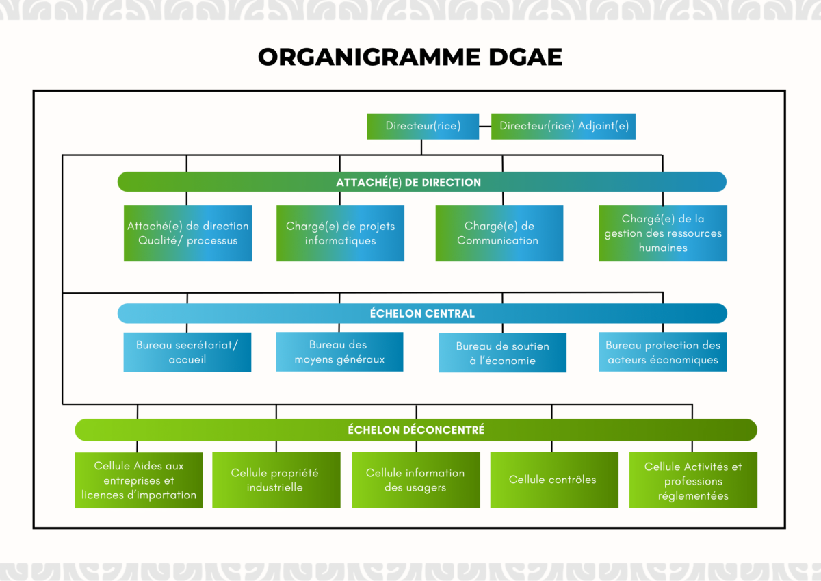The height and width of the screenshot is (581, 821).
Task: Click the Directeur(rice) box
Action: pyautogui.click(x=423, y=126)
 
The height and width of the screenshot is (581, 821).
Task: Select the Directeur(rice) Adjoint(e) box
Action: pyautogui.click(x=563, y=126)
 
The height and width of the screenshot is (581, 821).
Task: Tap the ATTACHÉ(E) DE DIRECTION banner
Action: pyautogui.click(x=421, y=182)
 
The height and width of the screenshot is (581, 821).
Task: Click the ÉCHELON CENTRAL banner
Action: pyautogui.click(x=421, y=313)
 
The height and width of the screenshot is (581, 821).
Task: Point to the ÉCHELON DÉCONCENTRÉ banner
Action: pyautogui.click(x=415, y=430)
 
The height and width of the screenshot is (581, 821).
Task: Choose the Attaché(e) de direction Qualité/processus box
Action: pyautogui.click(x=187, y=233)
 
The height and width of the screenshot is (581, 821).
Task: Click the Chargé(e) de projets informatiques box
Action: pyautogui.click(x=340, y=233)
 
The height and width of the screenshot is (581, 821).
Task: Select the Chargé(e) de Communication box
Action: pyautogui.click(x=499, y=233)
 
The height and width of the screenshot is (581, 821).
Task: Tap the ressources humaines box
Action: pyautogui.click(x=662, y=233)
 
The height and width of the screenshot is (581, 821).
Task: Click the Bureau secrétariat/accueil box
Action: pyautogui.click(x=187, y=352)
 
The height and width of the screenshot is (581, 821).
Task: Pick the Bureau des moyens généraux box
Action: pyautogui.click(x=339, y=352)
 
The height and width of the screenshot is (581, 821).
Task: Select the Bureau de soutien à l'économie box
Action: pyautogui.click(x=502, y=353)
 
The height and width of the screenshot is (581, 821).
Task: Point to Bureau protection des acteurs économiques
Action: pyautogui.click(x=662, y=352)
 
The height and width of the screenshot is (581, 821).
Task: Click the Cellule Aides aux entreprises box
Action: pyautogui.click(x=138, y=480)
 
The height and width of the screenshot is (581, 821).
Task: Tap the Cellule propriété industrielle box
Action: pyautogui.click(x=276, y=480)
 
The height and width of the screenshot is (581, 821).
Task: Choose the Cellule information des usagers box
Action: pyautogui.click(x=415, y=480)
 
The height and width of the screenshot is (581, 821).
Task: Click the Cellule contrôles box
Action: pyautogui.click(x=553, y=480)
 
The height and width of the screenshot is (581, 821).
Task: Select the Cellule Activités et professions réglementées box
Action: pyautogui.click(x=693, y=480)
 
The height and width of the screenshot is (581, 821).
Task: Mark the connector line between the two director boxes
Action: pyautogui.click(x=485, y=126)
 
